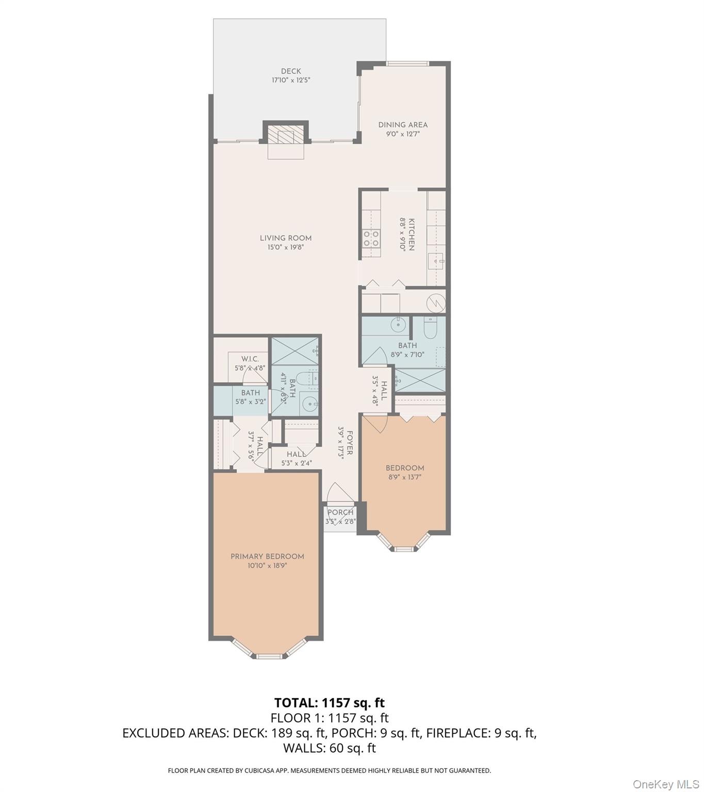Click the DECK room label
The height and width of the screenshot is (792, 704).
291,71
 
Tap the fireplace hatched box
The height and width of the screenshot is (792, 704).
285,136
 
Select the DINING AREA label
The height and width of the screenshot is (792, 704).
403,125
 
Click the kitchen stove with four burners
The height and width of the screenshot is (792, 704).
371,239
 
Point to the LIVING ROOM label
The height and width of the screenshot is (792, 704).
286,238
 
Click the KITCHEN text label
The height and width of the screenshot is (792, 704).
412,234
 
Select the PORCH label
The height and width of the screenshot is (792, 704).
340,512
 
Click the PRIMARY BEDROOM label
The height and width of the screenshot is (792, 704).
267,556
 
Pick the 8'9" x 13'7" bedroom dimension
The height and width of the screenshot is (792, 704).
405,477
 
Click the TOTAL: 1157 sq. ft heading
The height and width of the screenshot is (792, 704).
330,703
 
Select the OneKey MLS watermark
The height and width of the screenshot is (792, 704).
666,784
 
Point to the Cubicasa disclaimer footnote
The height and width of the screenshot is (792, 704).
330,771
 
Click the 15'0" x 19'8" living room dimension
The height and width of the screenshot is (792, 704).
286,247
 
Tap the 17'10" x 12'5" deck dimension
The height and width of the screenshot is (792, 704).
291,80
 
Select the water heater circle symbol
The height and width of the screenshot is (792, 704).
436,302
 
